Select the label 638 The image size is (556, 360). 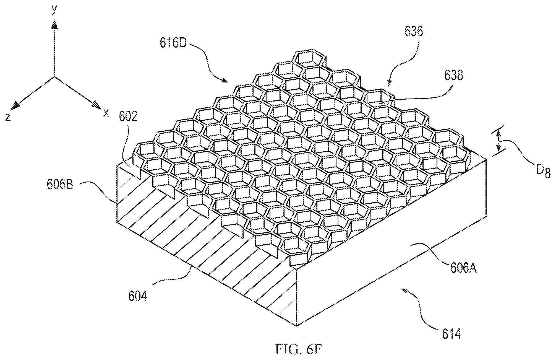(x=453, y=75)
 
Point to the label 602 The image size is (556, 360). (x=128, y=117)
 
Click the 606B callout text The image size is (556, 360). (x=59, y=185)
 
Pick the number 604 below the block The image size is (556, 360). (x=138, y=296)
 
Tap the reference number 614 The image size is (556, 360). (x=451, y=335)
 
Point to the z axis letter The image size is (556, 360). (x=9, y=118)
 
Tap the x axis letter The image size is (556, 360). (x=106, y=113)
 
